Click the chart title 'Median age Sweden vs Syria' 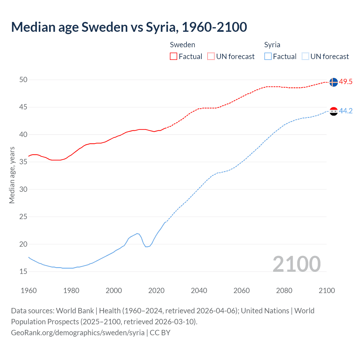tap(129, 27)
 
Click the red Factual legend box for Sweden tap(174, 57)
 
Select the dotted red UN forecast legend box tap(211, 57)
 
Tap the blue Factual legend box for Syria tap(268, 57)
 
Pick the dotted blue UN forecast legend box tap(305, 57)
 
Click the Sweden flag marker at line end tap(334, 82)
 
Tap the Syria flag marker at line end tap(334, 111)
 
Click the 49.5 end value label tap(346, 82)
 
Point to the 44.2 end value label tap(346, 111)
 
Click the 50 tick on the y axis tap(23, 80)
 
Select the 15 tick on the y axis tap(23, 272)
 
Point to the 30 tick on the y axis tap(23, 189)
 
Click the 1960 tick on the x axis tap(29, 291)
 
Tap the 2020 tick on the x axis tap(156, 291)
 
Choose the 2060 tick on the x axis tap(242, 291)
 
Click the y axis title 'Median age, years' tap(12, 175)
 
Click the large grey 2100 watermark tap(296, 264)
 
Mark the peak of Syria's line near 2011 tap(137, 233)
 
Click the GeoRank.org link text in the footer tap(78, 333)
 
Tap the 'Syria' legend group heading tap(272, 45)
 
